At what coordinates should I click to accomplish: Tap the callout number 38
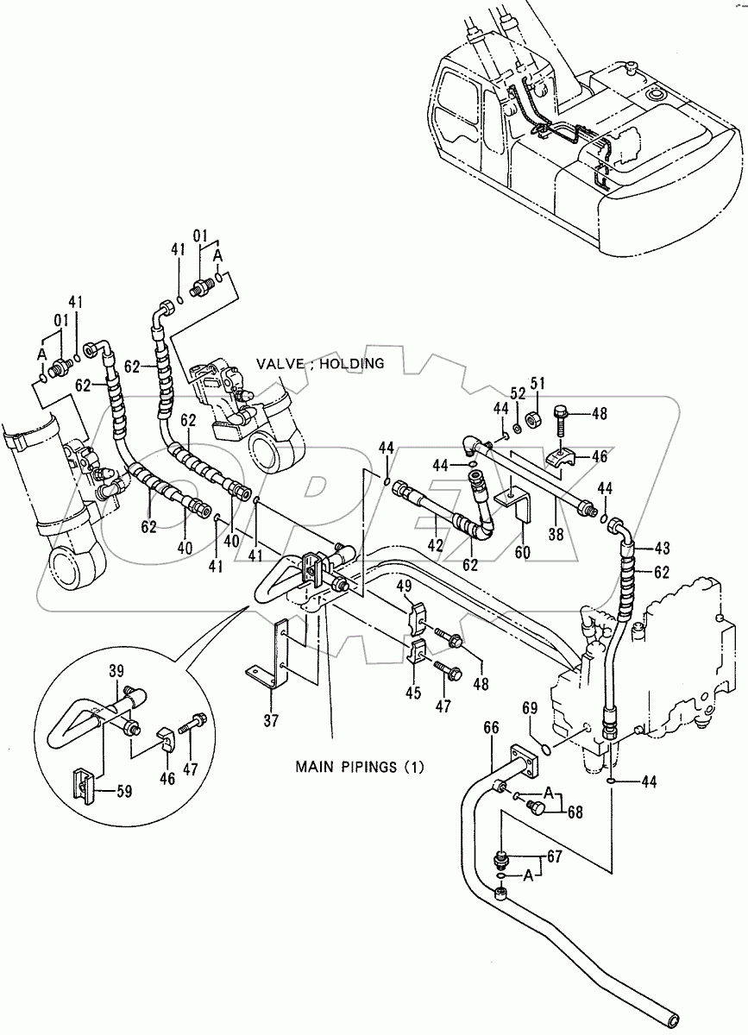556,535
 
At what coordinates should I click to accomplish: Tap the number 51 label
537,382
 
